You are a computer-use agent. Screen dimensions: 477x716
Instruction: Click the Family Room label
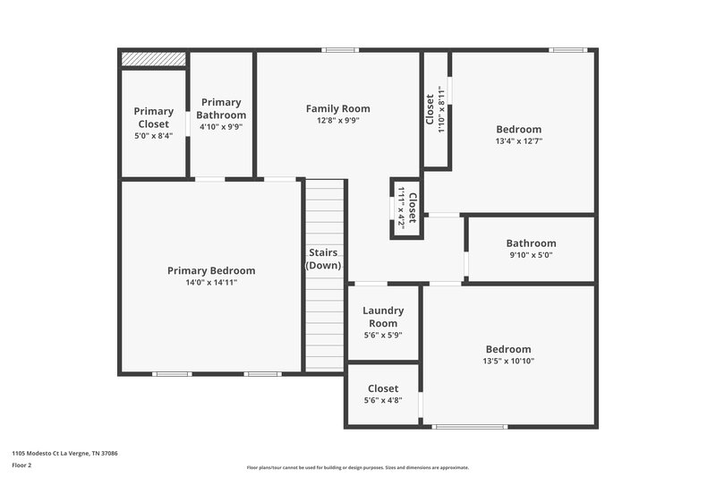(337, 109)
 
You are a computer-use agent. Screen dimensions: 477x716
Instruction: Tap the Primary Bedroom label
(211, 271)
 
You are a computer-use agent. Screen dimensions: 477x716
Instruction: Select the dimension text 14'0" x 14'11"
(211, 283)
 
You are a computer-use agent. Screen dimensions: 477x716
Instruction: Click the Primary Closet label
(154, 117)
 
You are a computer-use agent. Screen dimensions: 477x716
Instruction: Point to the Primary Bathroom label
(221, 108)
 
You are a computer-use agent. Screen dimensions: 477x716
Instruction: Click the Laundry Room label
(383, 317)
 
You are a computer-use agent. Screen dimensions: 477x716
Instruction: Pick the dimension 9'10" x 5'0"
(531, 255)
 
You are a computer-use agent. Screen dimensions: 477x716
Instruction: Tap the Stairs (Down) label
(323, 260)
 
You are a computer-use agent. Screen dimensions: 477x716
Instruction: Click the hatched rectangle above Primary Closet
(153, 58)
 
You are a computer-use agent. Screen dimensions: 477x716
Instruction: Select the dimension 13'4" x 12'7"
(519, 141)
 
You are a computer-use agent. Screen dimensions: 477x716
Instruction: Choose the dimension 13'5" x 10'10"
(508, 362)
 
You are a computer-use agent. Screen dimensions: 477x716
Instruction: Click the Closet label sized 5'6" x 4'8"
(383, 388)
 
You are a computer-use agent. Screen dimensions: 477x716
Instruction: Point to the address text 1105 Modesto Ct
(64, 454)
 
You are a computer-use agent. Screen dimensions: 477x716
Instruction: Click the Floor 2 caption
(22, 465)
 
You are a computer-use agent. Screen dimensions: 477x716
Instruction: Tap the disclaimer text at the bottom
(357, 467)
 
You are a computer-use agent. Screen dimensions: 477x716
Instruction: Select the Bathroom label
(531, 243)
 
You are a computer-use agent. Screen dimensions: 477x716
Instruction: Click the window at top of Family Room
(339, 50)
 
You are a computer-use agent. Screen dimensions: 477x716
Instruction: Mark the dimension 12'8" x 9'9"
(337, 121)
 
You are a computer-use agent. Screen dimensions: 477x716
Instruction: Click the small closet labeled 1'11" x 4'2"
(406, 208)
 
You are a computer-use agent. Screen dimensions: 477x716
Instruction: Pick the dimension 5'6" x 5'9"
(383, 335)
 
